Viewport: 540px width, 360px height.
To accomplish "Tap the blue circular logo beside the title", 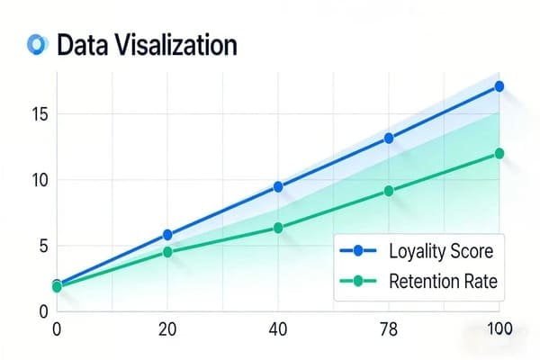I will coord(37,43).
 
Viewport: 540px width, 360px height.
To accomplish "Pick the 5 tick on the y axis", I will coord(39,246).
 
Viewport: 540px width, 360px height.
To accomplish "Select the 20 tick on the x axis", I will coord(167,329).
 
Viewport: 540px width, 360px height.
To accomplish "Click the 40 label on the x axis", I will coord(278,329).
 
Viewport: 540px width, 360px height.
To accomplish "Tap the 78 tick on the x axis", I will coord(389,329).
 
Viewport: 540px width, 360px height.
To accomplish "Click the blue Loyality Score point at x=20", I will coord(167,235).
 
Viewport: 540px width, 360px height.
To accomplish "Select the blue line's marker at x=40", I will coord(278,186).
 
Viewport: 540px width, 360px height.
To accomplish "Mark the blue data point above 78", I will coord(389,138).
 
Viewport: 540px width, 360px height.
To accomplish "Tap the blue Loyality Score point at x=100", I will coord(499,86).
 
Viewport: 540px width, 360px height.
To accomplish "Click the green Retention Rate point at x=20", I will coord(167,252).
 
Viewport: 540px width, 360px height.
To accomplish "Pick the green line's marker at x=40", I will coord(278,228).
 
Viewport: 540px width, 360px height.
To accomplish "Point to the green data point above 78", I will coord(389,191).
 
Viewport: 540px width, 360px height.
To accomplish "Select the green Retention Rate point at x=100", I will coord(499,153).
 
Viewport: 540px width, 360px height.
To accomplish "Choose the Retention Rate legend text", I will coord(442,281).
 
